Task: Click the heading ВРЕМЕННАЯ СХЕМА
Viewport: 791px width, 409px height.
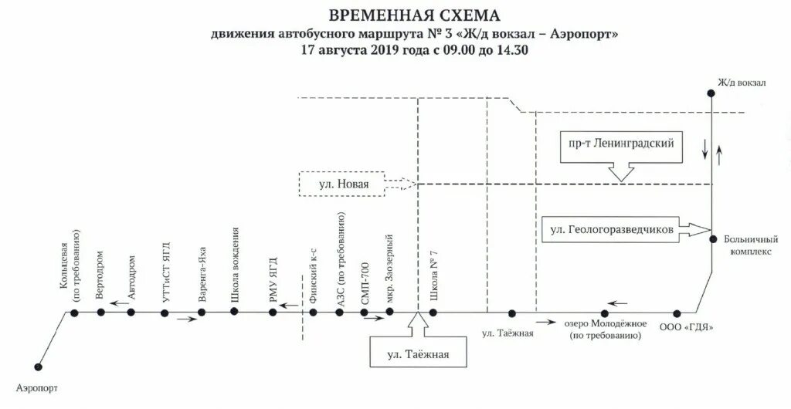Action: pyautogui.click(x=414, y=15)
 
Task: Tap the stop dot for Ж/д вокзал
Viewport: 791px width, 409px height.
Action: pyautogui.click(x=711, y=93)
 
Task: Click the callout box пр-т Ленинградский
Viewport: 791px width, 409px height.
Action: pyautogui.click(x=623, y=144)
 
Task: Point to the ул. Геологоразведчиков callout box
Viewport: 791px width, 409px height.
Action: pyautogui.click(x=615, y=229)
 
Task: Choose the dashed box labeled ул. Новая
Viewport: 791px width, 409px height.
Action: pyautogui.click(x=344, y=184)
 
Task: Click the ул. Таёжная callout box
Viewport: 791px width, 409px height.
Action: pyautogui.click(x=417, y=356)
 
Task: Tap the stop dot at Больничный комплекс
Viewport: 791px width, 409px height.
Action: pyautogui.click(x=711, y=238)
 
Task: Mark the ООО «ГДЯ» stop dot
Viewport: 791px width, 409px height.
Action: pyautogui.click(x=677, y=313)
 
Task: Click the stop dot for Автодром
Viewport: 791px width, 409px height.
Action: pyautogui.click(x=131, y=313)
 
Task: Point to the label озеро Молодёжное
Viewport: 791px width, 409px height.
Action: pyautogui.click(x=606, y=329)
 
